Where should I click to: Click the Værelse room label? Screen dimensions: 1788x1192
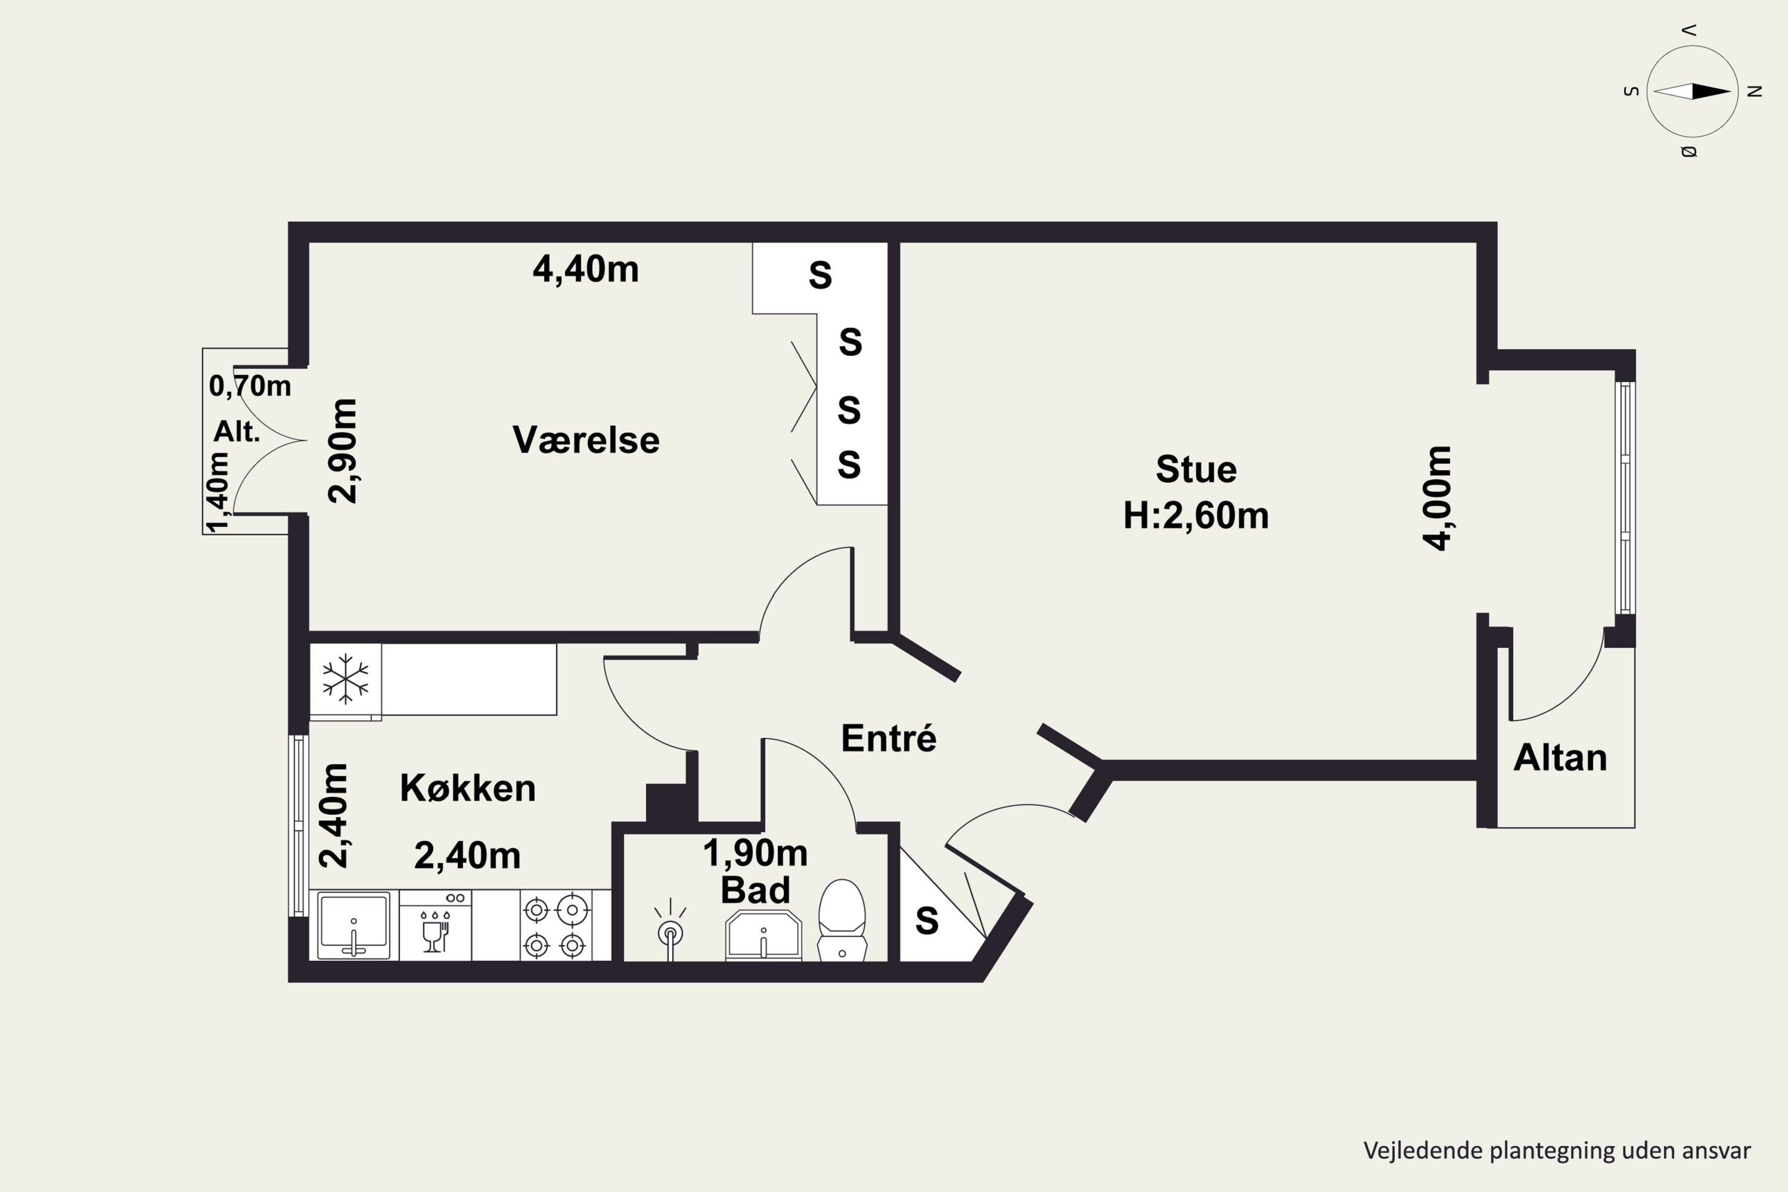(585, 440)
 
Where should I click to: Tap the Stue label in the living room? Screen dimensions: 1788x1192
(1196, 469)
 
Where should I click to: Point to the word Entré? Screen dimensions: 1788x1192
(888, 738)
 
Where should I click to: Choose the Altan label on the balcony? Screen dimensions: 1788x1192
(1560, 758)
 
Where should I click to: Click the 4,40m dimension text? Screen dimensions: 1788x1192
(585, 269)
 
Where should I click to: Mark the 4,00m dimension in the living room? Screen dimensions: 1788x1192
(1438, 498)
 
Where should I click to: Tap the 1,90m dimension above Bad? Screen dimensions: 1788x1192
(755, 853)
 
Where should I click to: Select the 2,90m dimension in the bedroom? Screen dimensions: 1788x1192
(343, 450)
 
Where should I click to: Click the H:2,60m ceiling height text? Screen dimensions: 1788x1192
(1196, 516)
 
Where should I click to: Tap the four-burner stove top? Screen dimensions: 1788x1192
(554, 926)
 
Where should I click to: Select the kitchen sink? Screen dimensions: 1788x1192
(353, 926)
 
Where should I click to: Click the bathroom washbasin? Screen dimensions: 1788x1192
(763, 935)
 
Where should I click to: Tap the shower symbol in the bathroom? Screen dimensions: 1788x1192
(670, 930)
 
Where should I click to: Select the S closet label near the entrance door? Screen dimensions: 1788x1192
(927, 921)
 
